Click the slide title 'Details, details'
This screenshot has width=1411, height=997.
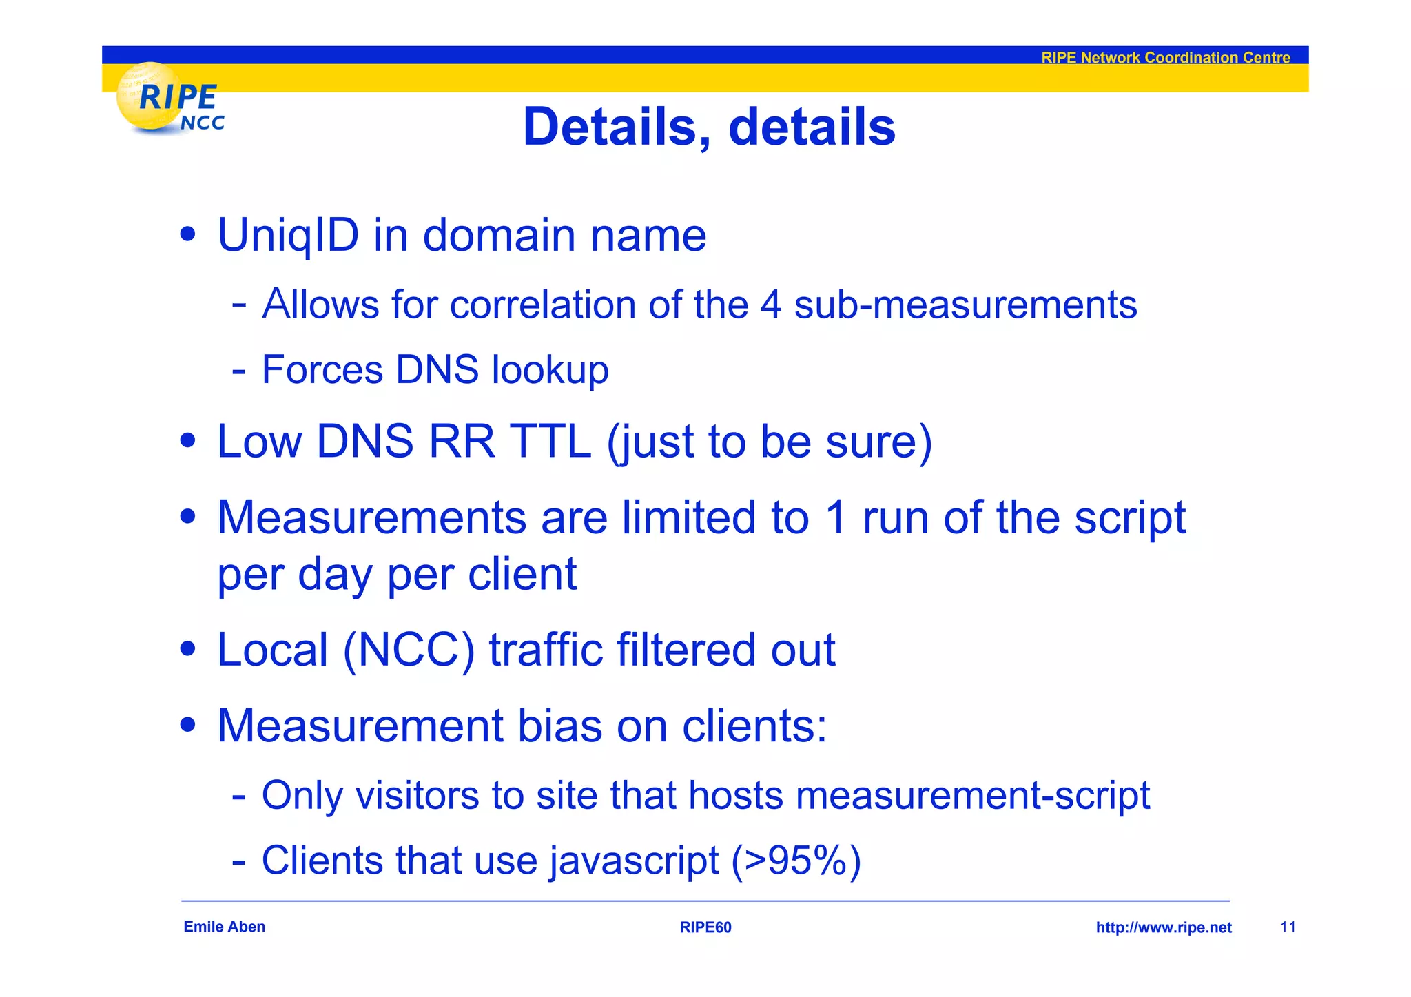pyautogui.click(x=709, y=127)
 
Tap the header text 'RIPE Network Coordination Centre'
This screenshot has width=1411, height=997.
pyautogui.click(x=1165, y=58)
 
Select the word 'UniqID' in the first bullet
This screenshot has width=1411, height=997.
pyautogui.click(x=288, y=236)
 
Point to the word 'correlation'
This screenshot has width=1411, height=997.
pyautogui.click(x=542, y=305)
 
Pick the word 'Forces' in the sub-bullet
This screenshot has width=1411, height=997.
pyautogui.click(x=322, y=370)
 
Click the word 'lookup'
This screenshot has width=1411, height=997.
pyautogui.click(x=550, y=371)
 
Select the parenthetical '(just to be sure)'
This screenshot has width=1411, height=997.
pyautogui.click(x=769, y=442)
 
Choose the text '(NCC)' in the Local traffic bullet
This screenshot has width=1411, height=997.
pyautogui.click(x=409, y=650)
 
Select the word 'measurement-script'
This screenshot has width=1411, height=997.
pyautogui.click(x=972, y=796)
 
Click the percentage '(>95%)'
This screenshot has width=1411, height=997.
pyautogui.click(x=796, y=861)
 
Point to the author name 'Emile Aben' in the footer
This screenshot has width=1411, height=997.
pyautogui.click(x=224, y=927)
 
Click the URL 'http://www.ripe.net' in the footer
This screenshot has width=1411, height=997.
pyautogui.click(x=1163, y=927)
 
